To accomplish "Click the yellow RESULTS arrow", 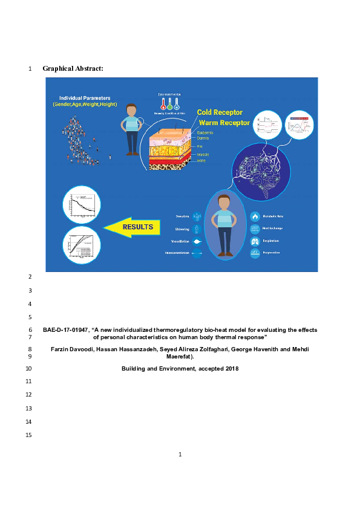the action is (x=137, y=227).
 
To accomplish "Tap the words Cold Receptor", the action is (x=220, y=112).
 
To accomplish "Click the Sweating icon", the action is (x=198, y=216).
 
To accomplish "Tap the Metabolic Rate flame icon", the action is (x=255, y=216).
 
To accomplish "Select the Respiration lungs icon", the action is (x=255, y=241).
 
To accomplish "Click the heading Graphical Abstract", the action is (x=73, y=68).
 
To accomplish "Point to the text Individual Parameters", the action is (x=84, y=97).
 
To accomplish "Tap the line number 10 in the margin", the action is (x=30, y=369).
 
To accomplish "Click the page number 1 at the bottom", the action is (x=180, y=455).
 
